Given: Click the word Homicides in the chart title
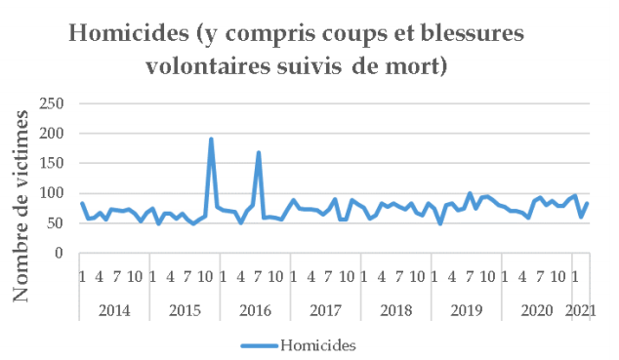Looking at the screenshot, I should tap(128, 35).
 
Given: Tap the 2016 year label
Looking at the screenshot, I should tap(254, 308).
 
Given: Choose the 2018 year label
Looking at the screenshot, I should tap(395, 308).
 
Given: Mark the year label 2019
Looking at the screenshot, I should tap(466, 308).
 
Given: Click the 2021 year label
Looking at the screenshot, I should tap(581, 308).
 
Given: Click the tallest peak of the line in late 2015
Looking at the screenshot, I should tap(212, 140).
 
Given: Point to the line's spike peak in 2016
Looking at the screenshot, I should tap(259, 153).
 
